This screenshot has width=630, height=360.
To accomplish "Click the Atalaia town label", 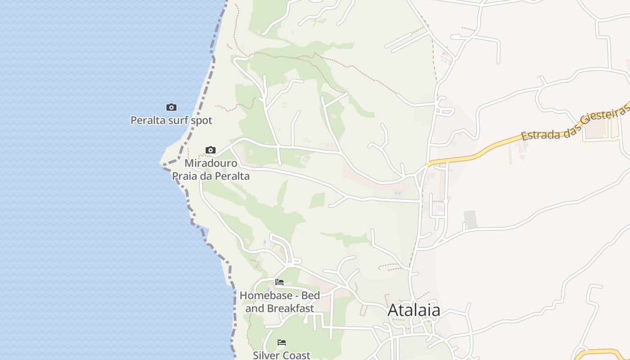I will pos(414,310).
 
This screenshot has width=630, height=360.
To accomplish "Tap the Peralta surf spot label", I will pos(171,121).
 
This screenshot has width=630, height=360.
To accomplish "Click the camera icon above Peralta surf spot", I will pos(171,107).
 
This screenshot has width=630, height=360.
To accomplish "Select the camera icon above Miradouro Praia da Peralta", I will pos(210,150).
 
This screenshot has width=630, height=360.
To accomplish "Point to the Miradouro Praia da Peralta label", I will pos(211,170).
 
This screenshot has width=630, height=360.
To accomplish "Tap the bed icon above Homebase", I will pos(279,283).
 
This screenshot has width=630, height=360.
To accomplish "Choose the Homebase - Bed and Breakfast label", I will pos(279,302).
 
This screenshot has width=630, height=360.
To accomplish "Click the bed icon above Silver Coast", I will pos(282,342).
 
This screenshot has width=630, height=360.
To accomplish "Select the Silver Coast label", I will pos(281,355).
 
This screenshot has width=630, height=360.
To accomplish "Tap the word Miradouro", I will pos(211,163).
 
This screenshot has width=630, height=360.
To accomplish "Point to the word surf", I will pos(177,121).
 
